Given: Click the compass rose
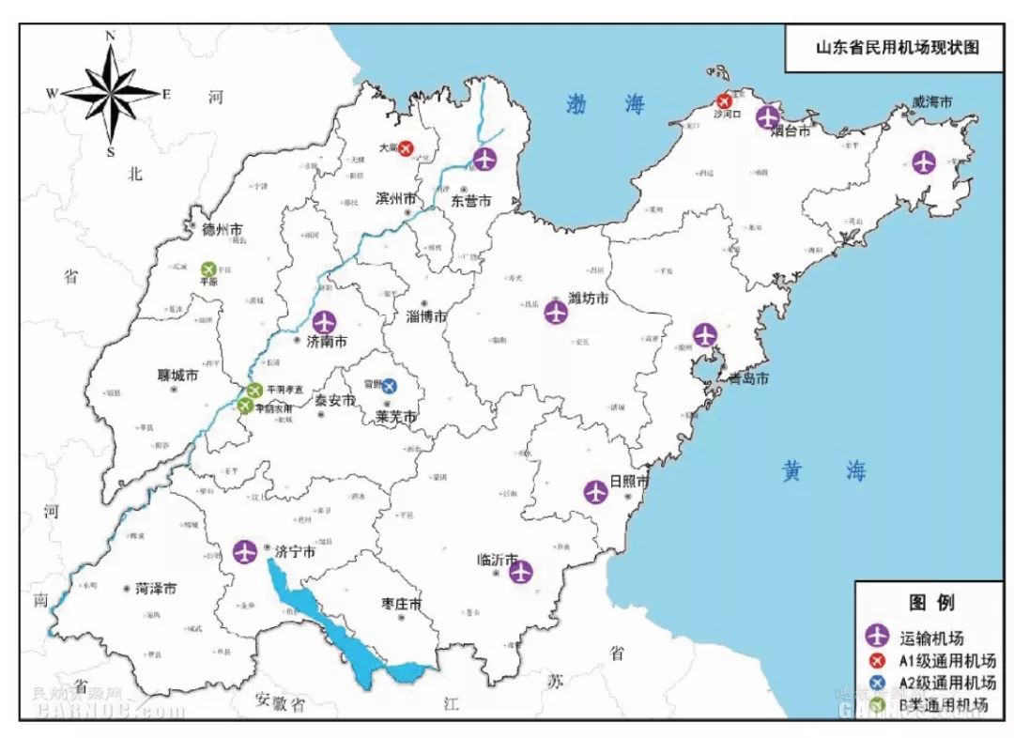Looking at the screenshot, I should pos(111,93).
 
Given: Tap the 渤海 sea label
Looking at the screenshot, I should pos(607,104).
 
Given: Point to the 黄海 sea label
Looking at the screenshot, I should pos(823,471).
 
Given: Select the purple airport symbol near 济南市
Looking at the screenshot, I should pos(324,322).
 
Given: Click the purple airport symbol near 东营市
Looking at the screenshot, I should pos(484,159).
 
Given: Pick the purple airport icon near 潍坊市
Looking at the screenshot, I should pos(556,313).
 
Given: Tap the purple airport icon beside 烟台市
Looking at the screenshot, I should pos(769,116).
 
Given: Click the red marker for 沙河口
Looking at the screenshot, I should pos(724,100).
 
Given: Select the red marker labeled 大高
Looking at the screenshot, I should pos(406,148).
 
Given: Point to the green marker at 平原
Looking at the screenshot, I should pos(208,269).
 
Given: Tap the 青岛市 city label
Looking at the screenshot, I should pos(748,379).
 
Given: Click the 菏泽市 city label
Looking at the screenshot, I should pos(156,589).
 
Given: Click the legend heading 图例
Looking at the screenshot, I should pos(931,603).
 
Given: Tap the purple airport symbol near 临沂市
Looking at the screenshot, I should pos(521,571).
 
